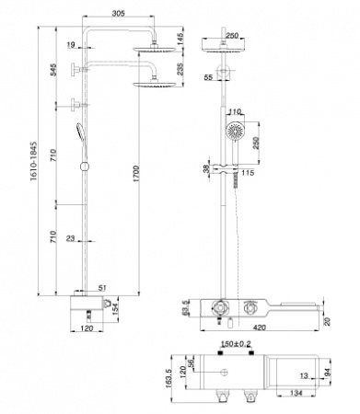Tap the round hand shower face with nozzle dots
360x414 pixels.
point(237,130)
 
